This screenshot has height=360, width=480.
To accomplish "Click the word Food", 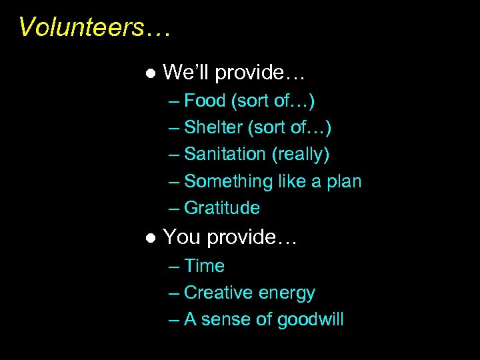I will pyautogui.click(x=205, y=101).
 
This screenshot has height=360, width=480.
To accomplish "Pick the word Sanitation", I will pyautogui.click(x=225, y=154).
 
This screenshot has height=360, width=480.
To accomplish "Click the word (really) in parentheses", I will pyautogui.click(x=300, y=154).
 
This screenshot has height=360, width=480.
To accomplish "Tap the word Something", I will pyautogui.click(x=228, y=181).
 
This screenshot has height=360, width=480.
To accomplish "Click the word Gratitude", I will pyautogui.click(x=221, y=208).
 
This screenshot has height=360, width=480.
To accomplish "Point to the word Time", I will pyautogui.click(x=204, y=266).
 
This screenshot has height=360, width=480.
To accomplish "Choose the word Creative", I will pyautogui.click(x=215, y=293).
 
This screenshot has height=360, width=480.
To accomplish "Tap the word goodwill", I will pyautogui.click(x=310, y=320).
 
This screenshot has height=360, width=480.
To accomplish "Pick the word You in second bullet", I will pyautogui.click(x=182, y=237).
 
